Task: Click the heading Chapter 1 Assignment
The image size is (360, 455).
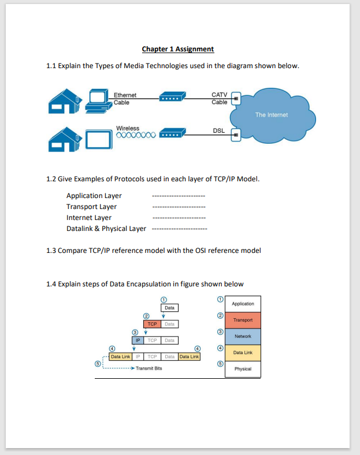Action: click(177, 49)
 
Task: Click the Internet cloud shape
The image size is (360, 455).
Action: click(272, 115)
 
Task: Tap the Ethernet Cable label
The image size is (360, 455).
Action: click(125, 99)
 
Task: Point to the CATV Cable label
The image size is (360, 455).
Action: click(220, 98)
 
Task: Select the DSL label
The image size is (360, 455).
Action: click(219, 131)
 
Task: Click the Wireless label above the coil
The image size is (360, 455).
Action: click(128, 128)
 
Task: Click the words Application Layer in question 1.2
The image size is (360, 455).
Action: click(94, 196)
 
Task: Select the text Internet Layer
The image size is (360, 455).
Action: click(89, 218)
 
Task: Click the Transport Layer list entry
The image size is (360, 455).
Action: click(91, 207)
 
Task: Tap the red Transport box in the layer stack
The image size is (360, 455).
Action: click(243, 320)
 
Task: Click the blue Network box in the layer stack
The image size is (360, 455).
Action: click(243, 336)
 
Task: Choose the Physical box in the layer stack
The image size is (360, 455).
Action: click(243, 368)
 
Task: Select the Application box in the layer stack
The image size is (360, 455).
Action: click(243, 304)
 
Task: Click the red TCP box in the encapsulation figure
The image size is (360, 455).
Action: click(153, 325)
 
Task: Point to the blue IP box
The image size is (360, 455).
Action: click(138, 341)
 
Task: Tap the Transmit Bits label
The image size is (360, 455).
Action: click(149, 368)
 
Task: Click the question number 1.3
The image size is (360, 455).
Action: click(51, 251)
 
